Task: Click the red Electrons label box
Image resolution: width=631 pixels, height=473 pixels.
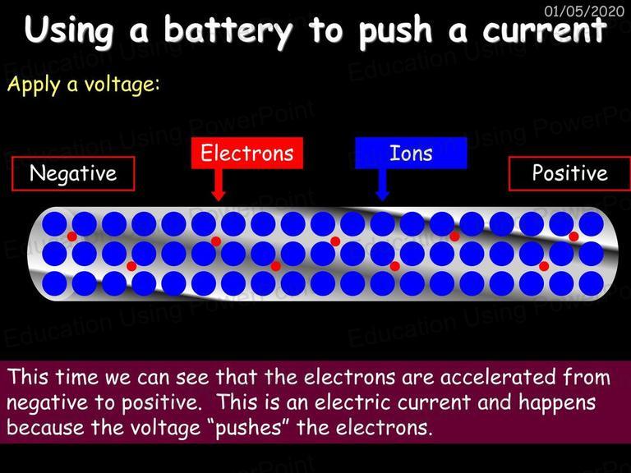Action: (x=247, y=153)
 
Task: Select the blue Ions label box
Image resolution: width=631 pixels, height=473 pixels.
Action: (x=411, y=153)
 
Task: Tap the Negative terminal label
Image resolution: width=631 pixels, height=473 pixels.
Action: (x=73, y=173)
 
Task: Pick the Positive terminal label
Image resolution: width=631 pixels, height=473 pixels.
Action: (x=569, y=173)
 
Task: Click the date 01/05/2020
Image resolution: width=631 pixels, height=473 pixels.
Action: (x=584, y=11)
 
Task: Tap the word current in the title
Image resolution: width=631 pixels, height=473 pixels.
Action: (x=545, y=30)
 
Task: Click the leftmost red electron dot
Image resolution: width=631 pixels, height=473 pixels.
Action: (x=72, y=236)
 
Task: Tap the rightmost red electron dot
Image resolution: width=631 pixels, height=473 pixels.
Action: (x=573, y=236)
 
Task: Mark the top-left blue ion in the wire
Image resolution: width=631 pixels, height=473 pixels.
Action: (x=54, y=224)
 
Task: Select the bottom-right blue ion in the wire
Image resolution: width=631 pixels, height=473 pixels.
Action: (x=592, y=283)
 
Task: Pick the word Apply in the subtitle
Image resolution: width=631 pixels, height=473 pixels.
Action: (x=34, y=85)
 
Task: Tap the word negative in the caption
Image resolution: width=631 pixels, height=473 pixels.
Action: (x=47, y=403)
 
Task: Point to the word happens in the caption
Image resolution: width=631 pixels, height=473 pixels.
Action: (x=557, y=403)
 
